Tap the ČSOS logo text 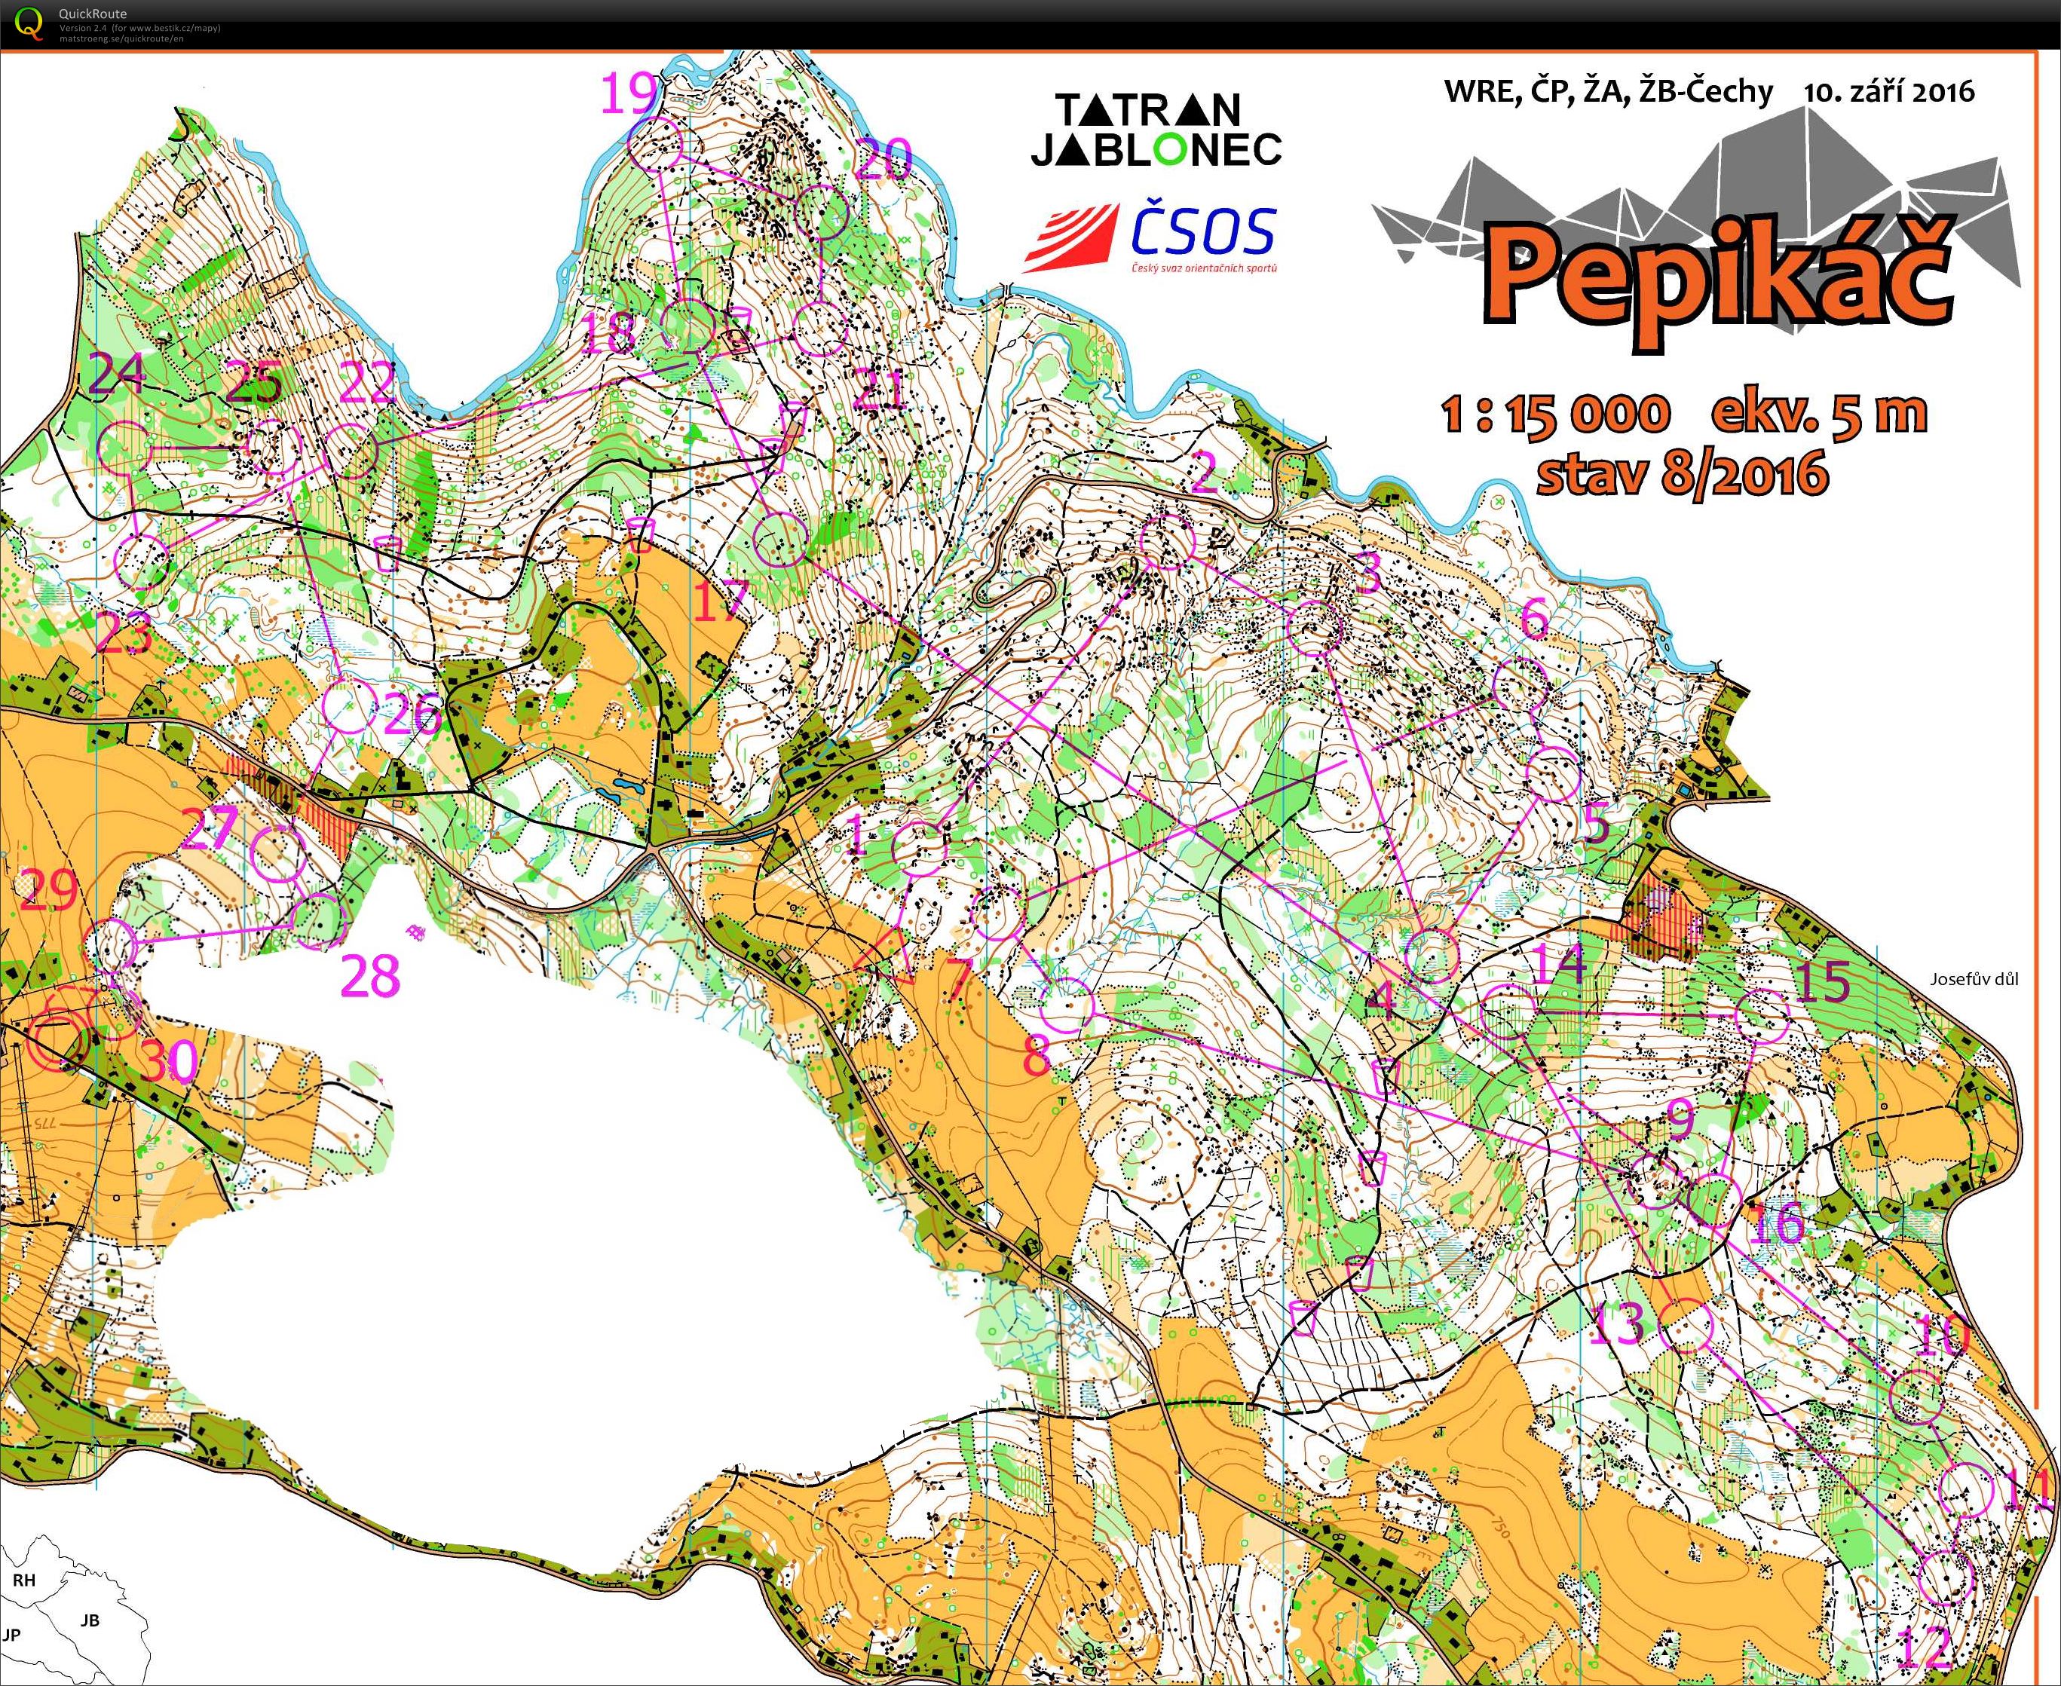[1202, 233]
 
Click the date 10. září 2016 [1889, 91]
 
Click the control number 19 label [629, 95]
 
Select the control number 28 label [370, 975]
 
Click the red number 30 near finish [169, 1061]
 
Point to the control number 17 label [721, 600]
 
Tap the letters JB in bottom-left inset [90, 1620]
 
